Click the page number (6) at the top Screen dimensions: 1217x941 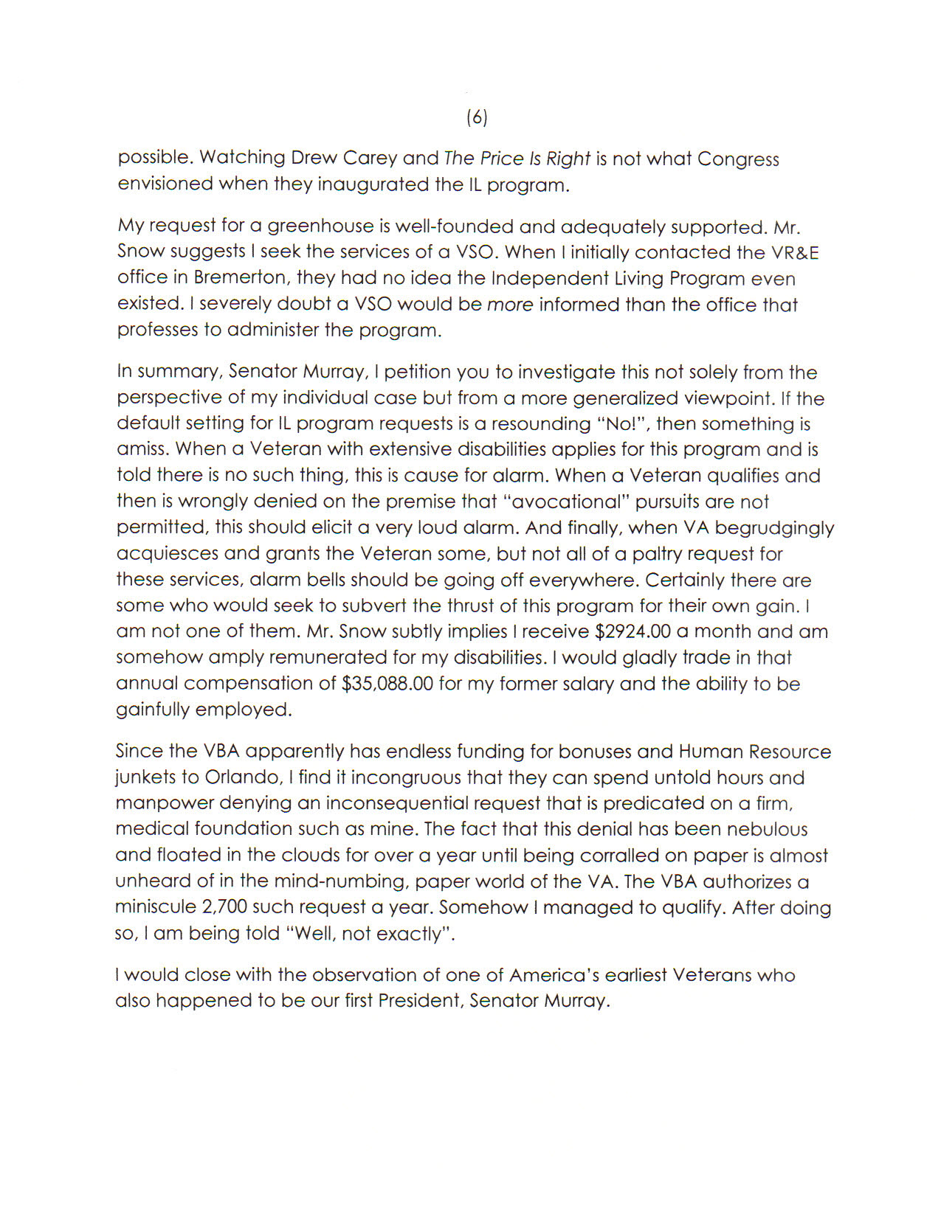pyautogui.click(x=477, y=117)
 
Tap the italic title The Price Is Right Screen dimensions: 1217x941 pyautogui.click(x=517, y=159)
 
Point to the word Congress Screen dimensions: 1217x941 pyautogui.click(x=738, y=159)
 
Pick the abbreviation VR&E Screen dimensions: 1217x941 pyautogui.click(x=795, y=252)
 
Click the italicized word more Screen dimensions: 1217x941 pyautogui.click(x=510, y=305)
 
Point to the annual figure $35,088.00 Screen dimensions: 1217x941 pyautogui.click(x=387, y=684)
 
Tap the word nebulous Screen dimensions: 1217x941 pyautogui.click(x=768, y=829)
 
